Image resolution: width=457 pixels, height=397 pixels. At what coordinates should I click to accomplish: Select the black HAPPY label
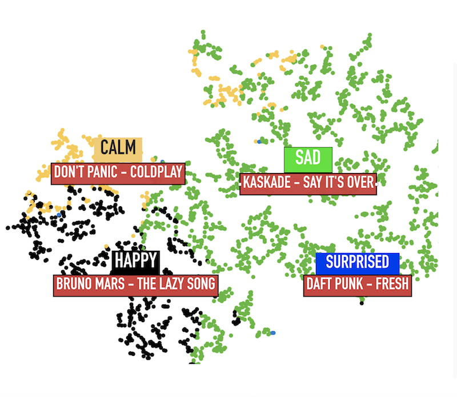[135, 260]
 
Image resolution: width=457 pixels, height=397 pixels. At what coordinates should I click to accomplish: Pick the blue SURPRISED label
[357, 262]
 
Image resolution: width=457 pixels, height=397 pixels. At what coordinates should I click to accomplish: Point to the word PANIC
[103, 173]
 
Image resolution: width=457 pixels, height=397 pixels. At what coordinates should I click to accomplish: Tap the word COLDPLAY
[156, 173]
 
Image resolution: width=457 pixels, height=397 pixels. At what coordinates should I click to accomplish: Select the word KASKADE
[266, 184]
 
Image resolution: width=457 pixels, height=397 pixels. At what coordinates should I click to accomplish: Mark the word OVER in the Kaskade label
[360, 184]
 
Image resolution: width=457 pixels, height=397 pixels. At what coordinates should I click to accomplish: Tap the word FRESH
[392, 284]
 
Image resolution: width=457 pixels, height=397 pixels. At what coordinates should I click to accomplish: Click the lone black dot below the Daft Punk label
[362, 302]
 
